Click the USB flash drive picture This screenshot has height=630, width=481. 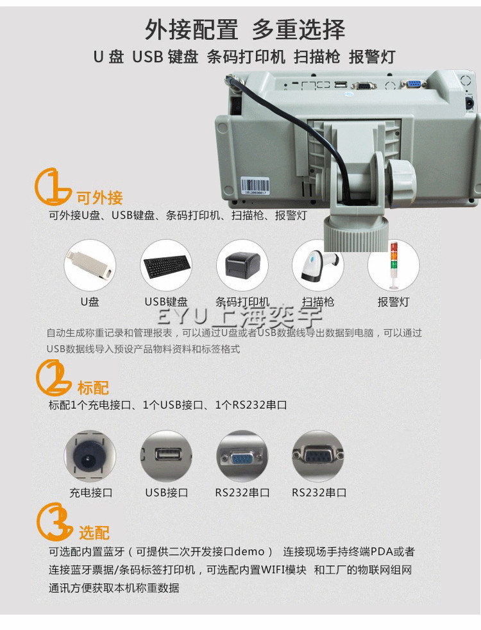pos(90,265)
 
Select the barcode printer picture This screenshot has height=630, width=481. pos(242,264)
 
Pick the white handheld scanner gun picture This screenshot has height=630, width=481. pos(319,265)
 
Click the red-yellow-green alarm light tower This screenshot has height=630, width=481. pos(394,265)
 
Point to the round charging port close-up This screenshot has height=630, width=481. pos(90,456)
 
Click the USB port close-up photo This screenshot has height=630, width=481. pos(166,456)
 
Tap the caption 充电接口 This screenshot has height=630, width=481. pos(90,493)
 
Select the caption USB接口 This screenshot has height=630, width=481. pos(167,493)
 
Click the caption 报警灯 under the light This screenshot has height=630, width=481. pos(394,302)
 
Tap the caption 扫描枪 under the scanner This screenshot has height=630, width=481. pos(318,302)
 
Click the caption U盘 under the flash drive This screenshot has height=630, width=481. pos(90,302)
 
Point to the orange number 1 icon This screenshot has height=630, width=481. pos(52,187)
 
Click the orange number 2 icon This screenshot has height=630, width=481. pos(53,378)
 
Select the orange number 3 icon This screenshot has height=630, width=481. pos(54,521)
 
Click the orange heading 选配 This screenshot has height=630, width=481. pos(94,532)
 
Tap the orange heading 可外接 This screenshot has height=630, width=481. pos(99,198)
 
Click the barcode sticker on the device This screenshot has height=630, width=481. pos(255,186)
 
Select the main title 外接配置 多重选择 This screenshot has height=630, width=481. pos(245,30)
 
